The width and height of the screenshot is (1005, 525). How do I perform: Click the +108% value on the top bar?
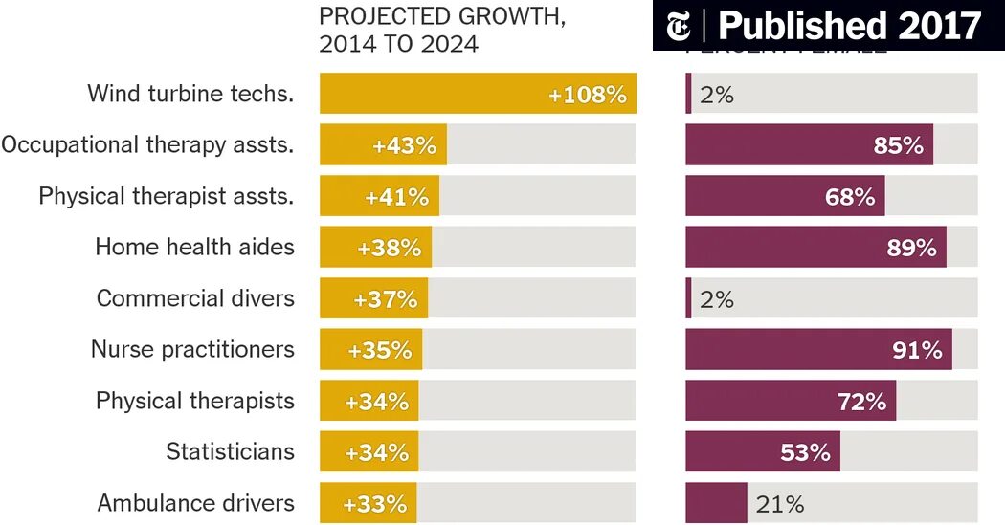point(587,95)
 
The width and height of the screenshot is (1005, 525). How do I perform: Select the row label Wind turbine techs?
point(190,94)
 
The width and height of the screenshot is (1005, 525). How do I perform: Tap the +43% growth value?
point(404,145)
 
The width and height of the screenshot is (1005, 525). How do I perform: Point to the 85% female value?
point(898,145)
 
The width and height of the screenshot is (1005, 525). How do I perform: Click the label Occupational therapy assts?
point(147,145)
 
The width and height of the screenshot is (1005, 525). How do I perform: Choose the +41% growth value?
point(396,197)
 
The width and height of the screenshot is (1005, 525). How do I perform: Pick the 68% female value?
point(850,197)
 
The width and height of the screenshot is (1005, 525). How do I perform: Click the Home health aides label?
point(194,247)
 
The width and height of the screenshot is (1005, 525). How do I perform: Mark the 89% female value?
point(911,248)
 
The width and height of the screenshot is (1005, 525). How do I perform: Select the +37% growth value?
point(385,298)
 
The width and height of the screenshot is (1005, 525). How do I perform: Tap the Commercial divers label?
point(195,298)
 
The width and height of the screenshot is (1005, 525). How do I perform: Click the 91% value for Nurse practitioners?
point(917,350)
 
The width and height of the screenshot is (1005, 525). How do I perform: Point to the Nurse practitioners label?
point(192,349)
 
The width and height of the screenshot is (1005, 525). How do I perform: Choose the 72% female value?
point(861,401)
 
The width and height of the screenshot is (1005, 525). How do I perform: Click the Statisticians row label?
point(230,451)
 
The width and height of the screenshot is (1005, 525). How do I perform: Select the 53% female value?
point(805,452)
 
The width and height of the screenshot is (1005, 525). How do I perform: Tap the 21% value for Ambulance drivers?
point(780,503)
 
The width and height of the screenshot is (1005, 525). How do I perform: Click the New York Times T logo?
point(679,26)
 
